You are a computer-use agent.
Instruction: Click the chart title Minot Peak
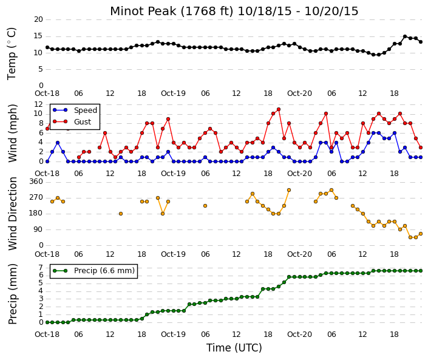(234, 12)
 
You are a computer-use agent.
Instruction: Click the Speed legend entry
(75, 110)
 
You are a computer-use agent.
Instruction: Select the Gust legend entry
(72, 122)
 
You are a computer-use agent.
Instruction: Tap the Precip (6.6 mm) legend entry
(93, 271)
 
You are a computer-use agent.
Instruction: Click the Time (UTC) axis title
(234, 348)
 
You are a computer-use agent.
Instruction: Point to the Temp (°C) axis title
(12, 54)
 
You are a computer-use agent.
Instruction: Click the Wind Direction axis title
(13, 214)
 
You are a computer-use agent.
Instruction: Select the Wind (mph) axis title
(13, 133)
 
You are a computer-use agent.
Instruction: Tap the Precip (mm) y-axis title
(13, 294)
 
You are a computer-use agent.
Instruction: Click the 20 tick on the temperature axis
(39, 19)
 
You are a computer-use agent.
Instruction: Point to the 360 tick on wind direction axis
(36, 182)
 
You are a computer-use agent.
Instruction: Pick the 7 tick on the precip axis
(41, 268)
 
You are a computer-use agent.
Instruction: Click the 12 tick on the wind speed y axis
(39, 104)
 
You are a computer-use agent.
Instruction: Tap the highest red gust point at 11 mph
(279, 109)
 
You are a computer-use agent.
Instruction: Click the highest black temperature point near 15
(405, 36)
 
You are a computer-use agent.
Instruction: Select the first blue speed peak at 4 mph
(58, 143)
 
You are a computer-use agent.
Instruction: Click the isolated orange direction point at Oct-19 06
(205, 206)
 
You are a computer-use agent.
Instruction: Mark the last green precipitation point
(421, 271)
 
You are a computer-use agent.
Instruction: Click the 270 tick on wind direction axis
(36, 197)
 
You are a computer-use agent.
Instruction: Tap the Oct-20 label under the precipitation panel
(299, 335)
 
